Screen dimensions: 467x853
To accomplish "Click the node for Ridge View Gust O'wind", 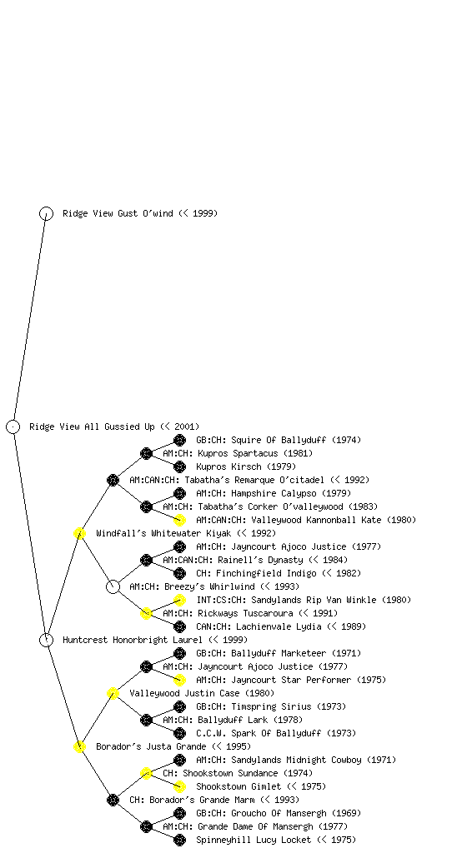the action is (46, 213).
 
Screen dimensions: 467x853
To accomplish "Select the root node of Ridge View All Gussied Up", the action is (13, 426).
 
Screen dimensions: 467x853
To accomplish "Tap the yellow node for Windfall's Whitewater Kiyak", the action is (79, 533).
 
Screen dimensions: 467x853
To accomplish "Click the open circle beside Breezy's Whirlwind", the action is (113, 586).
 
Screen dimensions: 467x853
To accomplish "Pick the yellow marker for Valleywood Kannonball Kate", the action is (179, 520).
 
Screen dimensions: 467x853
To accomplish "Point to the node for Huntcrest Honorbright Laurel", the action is (46, 640).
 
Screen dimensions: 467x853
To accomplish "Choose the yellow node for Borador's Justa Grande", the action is (79, 746).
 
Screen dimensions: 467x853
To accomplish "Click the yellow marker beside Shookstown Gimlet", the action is (179, 786).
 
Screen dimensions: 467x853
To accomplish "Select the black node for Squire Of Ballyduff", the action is (179, 440).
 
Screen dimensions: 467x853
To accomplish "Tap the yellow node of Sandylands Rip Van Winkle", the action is (179, 600).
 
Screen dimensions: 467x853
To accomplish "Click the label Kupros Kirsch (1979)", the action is (246, 466).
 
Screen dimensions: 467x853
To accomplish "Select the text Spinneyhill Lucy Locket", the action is (254, 840).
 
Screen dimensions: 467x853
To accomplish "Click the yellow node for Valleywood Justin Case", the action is (113, 693).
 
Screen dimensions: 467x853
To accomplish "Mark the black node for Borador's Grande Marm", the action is (113, 800).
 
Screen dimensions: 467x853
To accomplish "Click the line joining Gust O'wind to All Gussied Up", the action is (30, 320).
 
